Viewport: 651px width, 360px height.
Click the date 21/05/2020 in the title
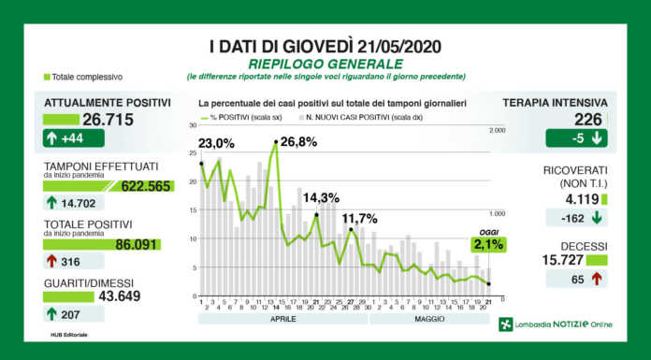[x=390, y=45]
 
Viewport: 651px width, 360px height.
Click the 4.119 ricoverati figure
[x=580, y=198]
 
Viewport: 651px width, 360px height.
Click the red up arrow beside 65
[x=595, y=279]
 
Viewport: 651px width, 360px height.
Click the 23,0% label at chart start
[x=217, y=145]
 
